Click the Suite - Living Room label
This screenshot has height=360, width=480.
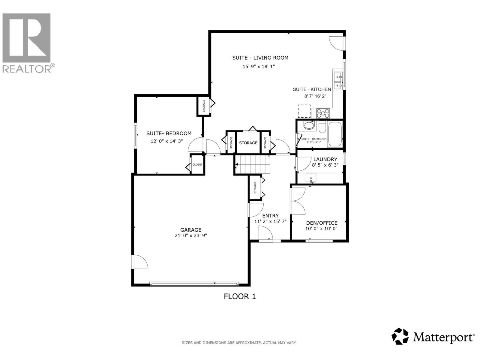[260, 58]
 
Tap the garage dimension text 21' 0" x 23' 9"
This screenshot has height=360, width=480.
[191, 235]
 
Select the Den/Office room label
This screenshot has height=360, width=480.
[322, 223]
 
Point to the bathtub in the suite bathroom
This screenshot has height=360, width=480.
[334, 134]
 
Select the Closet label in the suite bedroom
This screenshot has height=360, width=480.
[197, 164]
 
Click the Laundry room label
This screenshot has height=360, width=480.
[325, 159]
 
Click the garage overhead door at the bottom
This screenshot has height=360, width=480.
[194, 283]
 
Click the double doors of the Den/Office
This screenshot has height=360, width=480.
[298, 201]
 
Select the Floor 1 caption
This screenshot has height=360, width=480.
[240, 296]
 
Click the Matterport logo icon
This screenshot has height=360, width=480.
[400, 336]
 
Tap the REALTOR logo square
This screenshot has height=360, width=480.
[27, 37]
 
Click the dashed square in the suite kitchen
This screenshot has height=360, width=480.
[304, 111]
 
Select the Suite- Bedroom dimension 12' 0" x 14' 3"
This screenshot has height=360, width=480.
[166, 141]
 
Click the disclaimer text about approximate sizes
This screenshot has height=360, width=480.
[239, 343]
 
